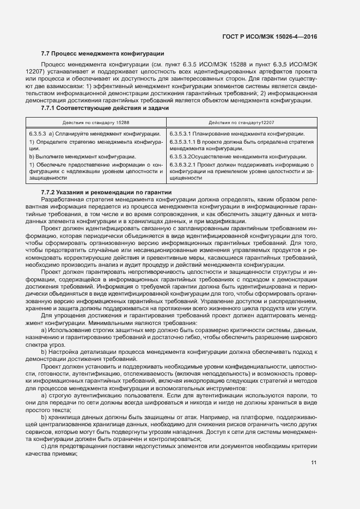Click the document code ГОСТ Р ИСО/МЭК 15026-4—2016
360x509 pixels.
click(x=270, y=37)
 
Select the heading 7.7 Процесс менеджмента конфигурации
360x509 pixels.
click(x=102, y=53)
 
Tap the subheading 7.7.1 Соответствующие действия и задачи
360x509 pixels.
click(x=105, y=108)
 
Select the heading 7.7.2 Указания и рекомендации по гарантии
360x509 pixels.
click(x=106, y=192)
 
